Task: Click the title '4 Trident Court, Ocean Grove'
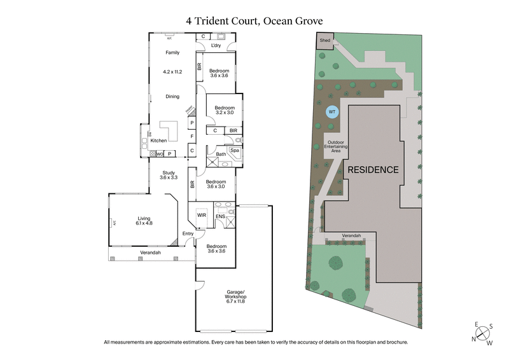tap(254, 20)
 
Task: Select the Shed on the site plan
tap(324, 40)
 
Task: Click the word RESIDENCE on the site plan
tap(373, 170)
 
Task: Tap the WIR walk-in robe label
tap(202, 216)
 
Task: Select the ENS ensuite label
tap(220, 216)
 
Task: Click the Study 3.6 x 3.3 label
tap(168, 175)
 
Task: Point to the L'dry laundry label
tap(216, 45)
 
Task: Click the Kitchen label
tap(158, 140)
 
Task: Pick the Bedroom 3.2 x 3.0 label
tap(225, 111)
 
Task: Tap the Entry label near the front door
tap(188, 234)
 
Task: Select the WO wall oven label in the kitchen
tap(160, 153)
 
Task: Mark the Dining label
tap(172, 97)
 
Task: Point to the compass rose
tap(483, 333)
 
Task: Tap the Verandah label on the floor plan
tap(150, 253)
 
